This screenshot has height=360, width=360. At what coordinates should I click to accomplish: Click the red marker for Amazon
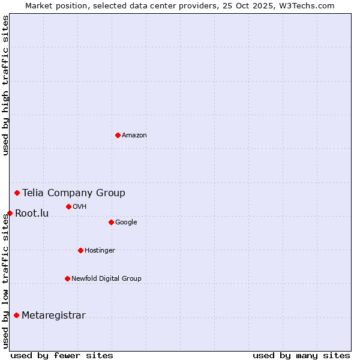tap(118, 135)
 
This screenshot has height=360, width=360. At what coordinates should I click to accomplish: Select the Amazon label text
tap(134, 136)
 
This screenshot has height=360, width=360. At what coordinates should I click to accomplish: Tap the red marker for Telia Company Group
tap(17, 193)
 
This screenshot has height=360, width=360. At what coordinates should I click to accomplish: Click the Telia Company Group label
tap(74, 193)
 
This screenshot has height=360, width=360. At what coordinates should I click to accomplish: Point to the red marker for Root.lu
tap(10, 213)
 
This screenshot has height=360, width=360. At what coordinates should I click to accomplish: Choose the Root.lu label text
tap(32, 213)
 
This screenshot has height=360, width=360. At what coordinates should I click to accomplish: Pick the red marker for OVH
tap(68, 206)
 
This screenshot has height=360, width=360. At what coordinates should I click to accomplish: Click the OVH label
tap(80, 207)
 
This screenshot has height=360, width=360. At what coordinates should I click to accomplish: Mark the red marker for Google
tap(111, 222)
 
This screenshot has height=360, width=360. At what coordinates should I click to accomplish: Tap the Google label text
tap(126, 223)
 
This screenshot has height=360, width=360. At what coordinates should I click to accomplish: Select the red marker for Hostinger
tap(80, 250)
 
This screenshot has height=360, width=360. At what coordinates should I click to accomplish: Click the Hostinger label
tap(100, 251)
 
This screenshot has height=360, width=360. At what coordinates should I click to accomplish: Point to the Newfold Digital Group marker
tap(67, 278)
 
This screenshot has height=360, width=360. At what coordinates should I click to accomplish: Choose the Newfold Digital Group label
tap(106, 278)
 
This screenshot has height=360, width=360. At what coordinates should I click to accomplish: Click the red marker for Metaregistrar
tap(16, 315)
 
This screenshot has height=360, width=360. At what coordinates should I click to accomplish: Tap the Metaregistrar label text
tap(53, 316)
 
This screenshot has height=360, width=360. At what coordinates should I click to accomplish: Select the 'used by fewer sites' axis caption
tap(62, 355)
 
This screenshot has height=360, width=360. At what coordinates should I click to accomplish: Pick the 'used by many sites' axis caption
tap(301, 355)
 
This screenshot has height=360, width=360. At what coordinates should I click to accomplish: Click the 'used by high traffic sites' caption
tap(5, 85)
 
